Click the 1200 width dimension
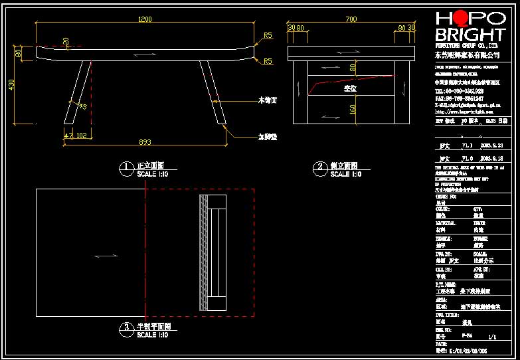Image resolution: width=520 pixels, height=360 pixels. [x=144, y=19]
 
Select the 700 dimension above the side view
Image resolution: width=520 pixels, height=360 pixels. [x=350, y=19]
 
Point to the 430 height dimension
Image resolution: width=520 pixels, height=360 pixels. [x=11, y=86]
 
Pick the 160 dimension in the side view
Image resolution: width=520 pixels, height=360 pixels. [x=353, y=108]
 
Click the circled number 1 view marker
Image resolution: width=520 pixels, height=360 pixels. [x=124, y=167]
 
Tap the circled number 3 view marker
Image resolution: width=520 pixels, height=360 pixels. [x=124, y=327]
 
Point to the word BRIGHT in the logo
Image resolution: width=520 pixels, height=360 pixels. [x=470, y=35]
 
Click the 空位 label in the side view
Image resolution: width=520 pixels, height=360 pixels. [x=350, y=88]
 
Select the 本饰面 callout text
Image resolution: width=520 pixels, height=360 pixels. [x=267, y=100]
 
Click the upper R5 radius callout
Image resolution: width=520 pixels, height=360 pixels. [x=268, y=35]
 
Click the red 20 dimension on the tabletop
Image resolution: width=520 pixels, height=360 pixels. [x=65, y=41]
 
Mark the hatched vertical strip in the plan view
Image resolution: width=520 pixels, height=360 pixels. [x=203, y=253]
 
